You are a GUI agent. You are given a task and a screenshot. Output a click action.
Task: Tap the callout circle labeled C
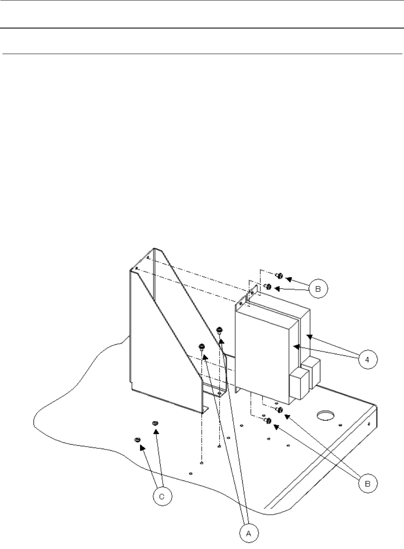(x=162, y=497)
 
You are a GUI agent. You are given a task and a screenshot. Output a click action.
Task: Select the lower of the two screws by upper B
(x=267, y=286)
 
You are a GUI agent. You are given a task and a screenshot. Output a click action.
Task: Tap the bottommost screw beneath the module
(x=267, y=421)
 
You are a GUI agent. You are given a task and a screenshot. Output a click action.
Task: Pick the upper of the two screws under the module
(x=279, y=409)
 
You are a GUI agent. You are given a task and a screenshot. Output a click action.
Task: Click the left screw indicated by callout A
(x=202, y=346)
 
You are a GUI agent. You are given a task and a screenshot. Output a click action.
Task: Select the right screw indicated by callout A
(x=219, y=329)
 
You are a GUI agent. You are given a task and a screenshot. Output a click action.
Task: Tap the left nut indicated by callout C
(x=137, y=440)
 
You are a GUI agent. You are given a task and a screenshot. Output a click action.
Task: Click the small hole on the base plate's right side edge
(x=369, y=424)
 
